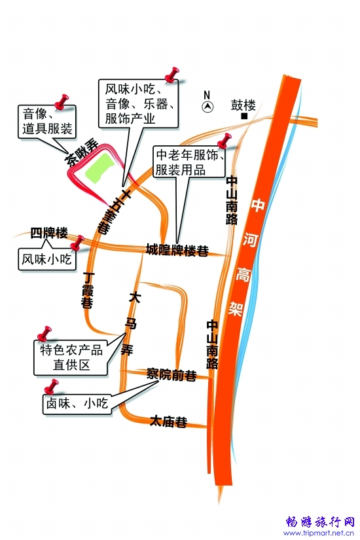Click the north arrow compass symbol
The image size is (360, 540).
[207, 107]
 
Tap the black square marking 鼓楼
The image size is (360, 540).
[244, 117]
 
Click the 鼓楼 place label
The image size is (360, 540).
[243, 105]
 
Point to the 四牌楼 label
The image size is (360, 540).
[49, 233]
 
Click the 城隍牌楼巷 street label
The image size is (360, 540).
[177, 249]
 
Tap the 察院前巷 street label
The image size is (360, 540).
[171, 374]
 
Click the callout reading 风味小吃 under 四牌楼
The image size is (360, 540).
[47, 259]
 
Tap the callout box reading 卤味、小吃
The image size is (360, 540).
[77, 403]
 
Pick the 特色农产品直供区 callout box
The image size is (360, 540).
[71, 357]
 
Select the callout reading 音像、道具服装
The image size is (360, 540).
[47, 122]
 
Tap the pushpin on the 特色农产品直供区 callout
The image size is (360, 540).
[45, 333]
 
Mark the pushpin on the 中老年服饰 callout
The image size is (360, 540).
[225, 141]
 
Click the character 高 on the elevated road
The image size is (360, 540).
[243, 274]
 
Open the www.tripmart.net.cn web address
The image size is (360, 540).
[319, 533]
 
